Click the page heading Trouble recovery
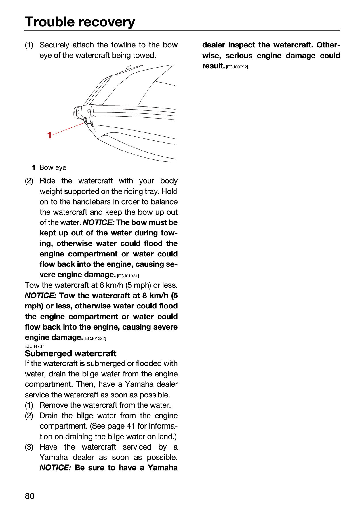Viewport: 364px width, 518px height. click(x=80, y=22)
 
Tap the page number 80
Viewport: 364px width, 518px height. click(x=30, y=496)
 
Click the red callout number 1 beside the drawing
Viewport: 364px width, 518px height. click(x=49, y=135)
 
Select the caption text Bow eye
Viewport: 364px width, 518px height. click(x=53, y=167)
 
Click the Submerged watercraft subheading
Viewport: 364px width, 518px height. click(x=70, y=353)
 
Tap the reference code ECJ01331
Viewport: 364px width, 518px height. click(x=128, y=276)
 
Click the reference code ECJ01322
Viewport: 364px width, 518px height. click(x=95, y=338)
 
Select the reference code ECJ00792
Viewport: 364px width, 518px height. click(x=237, y=67)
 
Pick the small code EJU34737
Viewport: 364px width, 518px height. click(x=35, y=346)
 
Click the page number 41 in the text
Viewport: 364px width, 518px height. click(x=131, y=426)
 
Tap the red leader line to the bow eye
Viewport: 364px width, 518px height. click(x=69, y=128)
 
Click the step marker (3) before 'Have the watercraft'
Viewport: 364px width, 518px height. click(x=29, y=447)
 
